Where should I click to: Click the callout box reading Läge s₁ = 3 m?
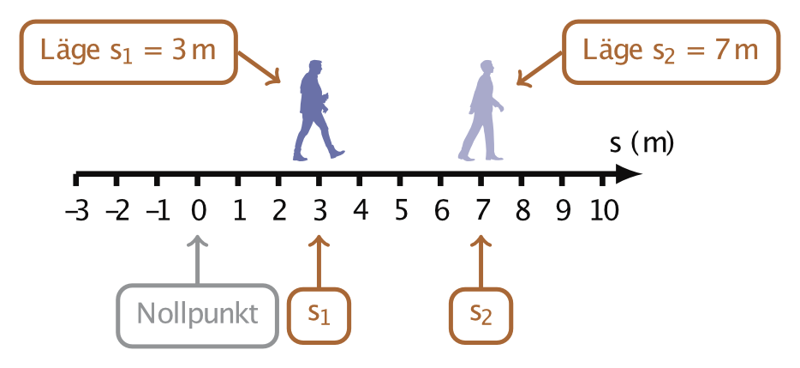pyautogui.click(x=128, y=51)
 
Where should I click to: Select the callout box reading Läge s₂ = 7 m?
pyautogui.click(x=671, y=51)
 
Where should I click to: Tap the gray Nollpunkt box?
pyautogui.click(x=198, y=315)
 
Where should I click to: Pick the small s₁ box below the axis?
pyautogui.click(x=319, y=315)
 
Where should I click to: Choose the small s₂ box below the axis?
pyautogui.click(x=481, y=315)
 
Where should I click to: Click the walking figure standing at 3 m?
pyautogui.click(x=318, y=112)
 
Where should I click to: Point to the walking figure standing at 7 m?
pyautogui.click(x=481, y=112)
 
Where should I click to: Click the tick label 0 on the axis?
pyautogui.click(x=198, y=210)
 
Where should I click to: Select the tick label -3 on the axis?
pyautogui.click(x=76, y=210)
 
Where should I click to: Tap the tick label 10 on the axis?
pyautogui.click(x=603, y=210)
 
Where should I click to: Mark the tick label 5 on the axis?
pyautogui.click(x=400, y=210)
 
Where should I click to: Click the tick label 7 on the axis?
pyautogui.click(x=481, y=210)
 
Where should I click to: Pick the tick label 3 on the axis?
pyautogui.click(x=319, y=210)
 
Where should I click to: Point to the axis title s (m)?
pyautogui.click(x=641, y=143)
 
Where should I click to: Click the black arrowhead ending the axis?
pyautogui.click(x=629, y=175)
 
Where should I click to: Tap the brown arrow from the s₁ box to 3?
pyautogui.click(x=319, y=261)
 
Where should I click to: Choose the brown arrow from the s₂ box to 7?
pyautogui.click(x=481, y=261)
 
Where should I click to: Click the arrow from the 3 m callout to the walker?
pyautogui.click(x=260, y=67)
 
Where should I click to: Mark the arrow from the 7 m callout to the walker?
pyautogui.click(x=539, y=70)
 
